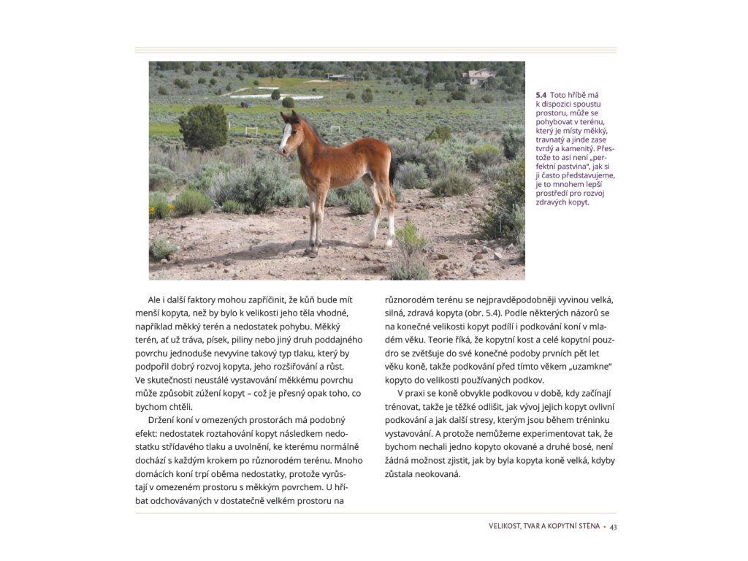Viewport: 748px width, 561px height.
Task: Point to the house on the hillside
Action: [x=478, y=76]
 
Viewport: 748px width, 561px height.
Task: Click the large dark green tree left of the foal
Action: [x=203, y=127]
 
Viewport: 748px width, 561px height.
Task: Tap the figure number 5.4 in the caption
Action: [x=541, y=95]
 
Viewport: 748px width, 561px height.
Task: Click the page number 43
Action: [x=614, y=527]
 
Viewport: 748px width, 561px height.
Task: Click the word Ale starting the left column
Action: [x=154, y=300]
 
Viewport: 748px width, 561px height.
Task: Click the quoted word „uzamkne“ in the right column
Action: [x=589, y=366]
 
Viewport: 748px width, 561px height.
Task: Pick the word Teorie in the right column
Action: [x=440, y=340]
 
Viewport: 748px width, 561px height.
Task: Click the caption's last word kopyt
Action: [x=579, y=202]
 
